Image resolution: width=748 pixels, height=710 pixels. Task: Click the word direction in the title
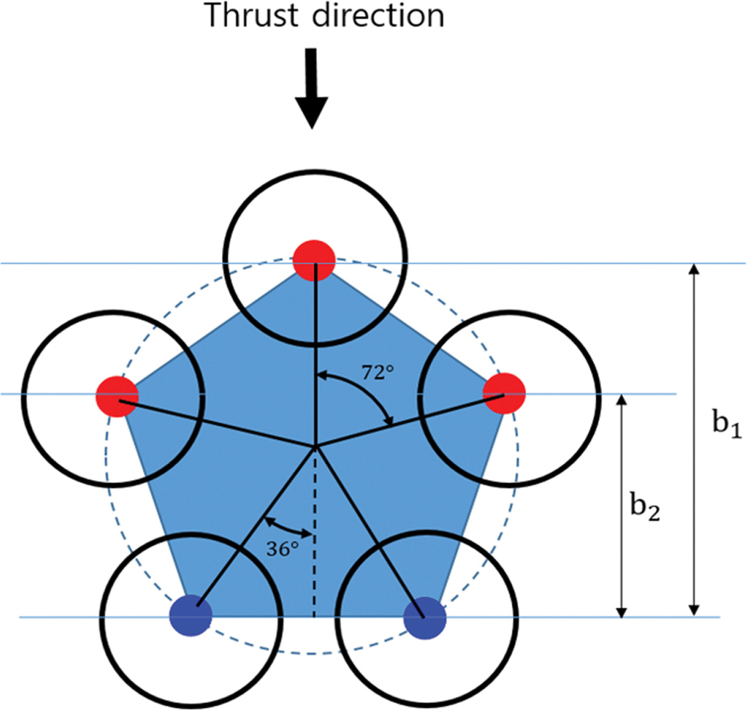click(378, 16)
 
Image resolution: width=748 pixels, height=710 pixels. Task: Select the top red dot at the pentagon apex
click(314, 261)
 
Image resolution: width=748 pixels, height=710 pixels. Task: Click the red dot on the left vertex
click(117, 397)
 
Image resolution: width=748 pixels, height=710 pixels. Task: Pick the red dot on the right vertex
click(504, 394)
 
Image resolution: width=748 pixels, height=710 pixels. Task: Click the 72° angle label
click(378, 372)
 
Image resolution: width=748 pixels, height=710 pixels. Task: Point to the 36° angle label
click(282, 549)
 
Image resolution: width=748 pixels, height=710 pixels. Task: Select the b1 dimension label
click(726, 423)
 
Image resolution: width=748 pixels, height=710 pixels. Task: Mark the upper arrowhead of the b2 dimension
click(622, 401)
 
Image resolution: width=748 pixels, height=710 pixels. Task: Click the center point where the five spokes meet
click(315, 447)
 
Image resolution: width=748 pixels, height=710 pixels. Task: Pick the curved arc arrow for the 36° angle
click(287, 527)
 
